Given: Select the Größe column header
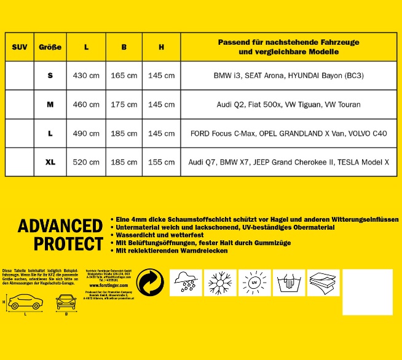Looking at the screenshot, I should coord(50,47).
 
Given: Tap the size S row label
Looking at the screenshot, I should coord(50,76).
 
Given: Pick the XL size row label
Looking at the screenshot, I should coord(50,162).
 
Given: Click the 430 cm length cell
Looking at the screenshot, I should coord(86,76).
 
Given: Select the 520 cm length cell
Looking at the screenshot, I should coord(86,162).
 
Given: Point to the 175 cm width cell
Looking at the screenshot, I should coord(124,104).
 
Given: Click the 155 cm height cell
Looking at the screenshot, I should coord(161,162).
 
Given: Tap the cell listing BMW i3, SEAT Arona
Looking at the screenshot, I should coord(288,76).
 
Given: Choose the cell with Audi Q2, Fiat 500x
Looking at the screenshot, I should coord(288,104).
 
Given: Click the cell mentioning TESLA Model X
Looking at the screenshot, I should coord(288,162).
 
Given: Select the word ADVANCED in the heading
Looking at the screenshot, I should coord(60,226).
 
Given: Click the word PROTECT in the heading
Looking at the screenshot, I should coord(68,244).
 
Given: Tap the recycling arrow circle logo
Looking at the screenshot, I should coord(150,283).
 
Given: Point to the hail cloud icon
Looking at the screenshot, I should coord(186,284).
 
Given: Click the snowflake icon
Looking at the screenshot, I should coord(219,284).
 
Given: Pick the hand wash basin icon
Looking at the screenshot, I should coord(288,284).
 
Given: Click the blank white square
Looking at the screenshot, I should coord(367,292).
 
